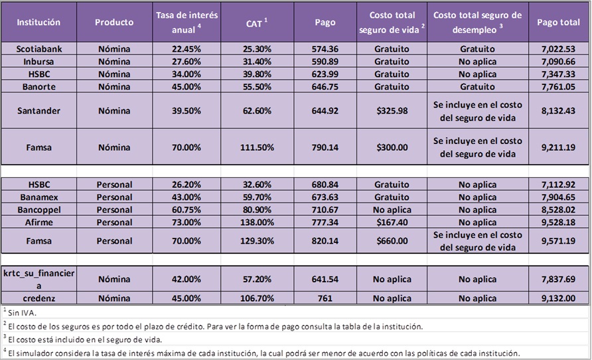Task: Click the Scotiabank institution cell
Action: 38,48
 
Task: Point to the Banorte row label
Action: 38,86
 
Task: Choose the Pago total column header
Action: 557,22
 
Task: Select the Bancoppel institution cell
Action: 38,209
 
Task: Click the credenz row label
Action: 38,298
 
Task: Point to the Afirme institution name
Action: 38,222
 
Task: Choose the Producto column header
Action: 113,22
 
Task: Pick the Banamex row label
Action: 38,197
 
